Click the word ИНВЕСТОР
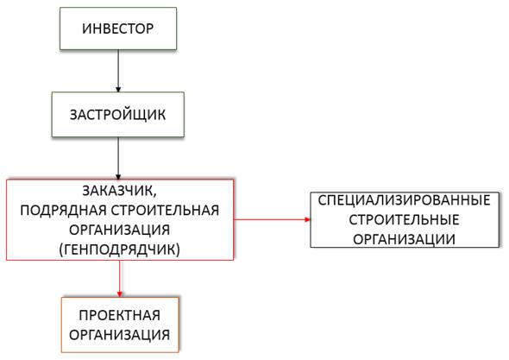[x=118, y=28]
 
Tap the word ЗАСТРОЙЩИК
[x=117, y=115]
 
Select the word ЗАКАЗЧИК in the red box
[x=119, y=191]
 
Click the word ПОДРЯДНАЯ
[x=63, y=211]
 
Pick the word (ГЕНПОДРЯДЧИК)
[x=119, y=249]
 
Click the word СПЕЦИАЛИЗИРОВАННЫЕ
[x=404, y=200]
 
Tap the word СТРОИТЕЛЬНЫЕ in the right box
[x=404, y=220]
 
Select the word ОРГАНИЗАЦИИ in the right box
[x=404, y=239]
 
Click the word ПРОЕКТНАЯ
[x=120, y=315]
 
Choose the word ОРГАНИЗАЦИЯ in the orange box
[x=119, y=335]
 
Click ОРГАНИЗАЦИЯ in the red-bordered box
[x=119, y=230]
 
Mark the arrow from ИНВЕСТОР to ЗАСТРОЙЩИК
[x=118, y=71]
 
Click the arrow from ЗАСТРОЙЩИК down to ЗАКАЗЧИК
[x=118, y=158]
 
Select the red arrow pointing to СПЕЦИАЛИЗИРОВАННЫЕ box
[x=272, y=219]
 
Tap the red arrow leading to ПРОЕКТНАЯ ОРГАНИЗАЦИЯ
[x=120, y=279]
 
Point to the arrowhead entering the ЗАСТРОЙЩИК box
[x=118, y=90]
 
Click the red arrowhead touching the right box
[x=308, y=219]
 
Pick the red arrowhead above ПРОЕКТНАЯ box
[x=120, y=294]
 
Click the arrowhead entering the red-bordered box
[x=118, y=177]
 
